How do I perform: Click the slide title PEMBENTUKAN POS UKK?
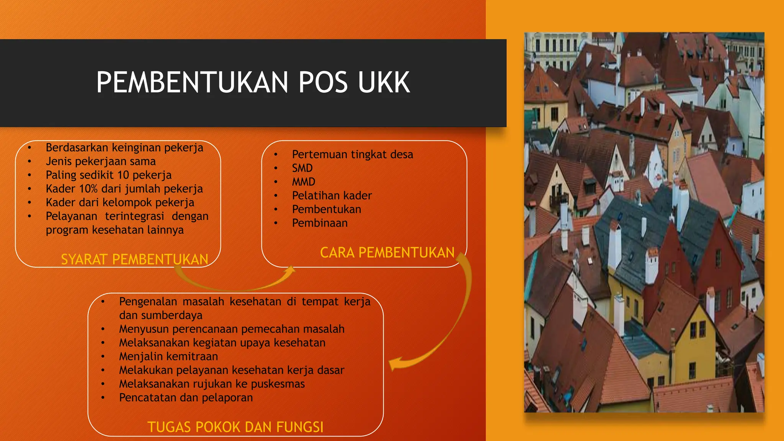tap(253, 82)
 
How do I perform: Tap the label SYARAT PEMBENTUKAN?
tap(134, 260)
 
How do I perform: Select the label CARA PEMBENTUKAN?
tap(387, 253)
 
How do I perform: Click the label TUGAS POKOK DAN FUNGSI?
tap(235, 427)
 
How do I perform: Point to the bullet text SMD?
tap(302, 168)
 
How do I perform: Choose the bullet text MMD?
tap(304, 182)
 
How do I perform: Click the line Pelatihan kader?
tap(332, 196)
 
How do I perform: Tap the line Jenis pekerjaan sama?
tap(101, 162)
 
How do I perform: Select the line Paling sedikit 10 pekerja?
tap(108, 175)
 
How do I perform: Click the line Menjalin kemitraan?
tap(168, 356)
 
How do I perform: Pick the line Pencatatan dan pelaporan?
tap(186, 398)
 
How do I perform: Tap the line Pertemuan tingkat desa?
tap(352, 155)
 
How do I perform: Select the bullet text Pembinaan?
tap(320, 223)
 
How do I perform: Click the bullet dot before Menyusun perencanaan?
tap(103, 329)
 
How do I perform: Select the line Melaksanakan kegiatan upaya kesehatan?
tap(222, 343)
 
